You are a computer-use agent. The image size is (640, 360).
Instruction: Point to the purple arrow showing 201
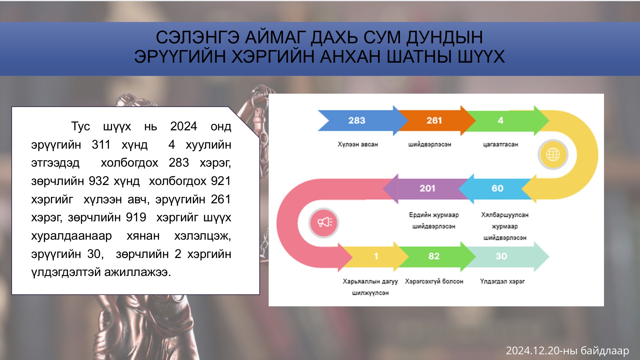coord(427,188)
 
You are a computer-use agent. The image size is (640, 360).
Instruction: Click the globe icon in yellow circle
coord(553,154)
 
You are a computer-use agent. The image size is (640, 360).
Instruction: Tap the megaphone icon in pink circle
coord(324,222)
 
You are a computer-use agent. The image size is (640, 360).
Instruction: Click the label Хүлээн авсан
coord(358,144)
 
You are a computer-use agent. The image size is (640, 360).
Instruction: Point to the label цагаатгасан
coord(501,144)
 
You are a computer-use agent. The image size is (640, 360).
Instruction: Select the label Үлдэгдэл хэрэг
coord(502,281)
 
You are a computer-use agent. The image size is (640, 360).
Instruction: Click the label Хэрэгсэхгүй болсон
coord(434,281)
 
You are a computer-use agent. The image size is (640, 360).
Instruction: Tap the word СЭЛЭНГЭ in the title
coord(198,37)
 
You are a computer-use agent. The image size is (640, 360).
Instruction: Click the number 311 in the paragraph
coord(101,145)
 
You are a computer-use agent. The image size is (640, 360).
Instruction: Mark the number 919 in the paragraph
coord(136,217)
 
